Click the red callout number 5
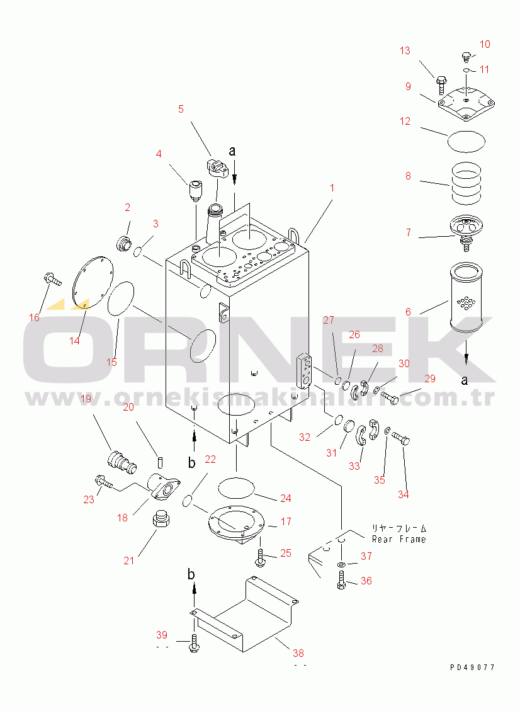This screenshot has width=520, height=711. (181, 110)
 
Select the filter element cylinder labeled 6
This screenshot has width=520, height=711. (466, 297)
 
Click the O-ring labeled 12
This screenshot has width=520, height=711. (466, 142)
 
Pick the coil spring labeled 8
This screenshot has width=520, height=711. (466, 183)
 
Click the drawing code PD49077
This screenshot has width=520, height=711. (472, 667)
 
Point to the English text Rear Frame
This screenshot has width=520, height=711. (399, 539)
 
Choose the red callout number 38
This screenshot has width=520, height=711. (298, 653)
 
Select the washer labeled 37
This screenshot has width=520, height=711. (341, 565)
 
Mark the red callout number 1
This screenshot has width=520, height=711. (332, 188)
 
